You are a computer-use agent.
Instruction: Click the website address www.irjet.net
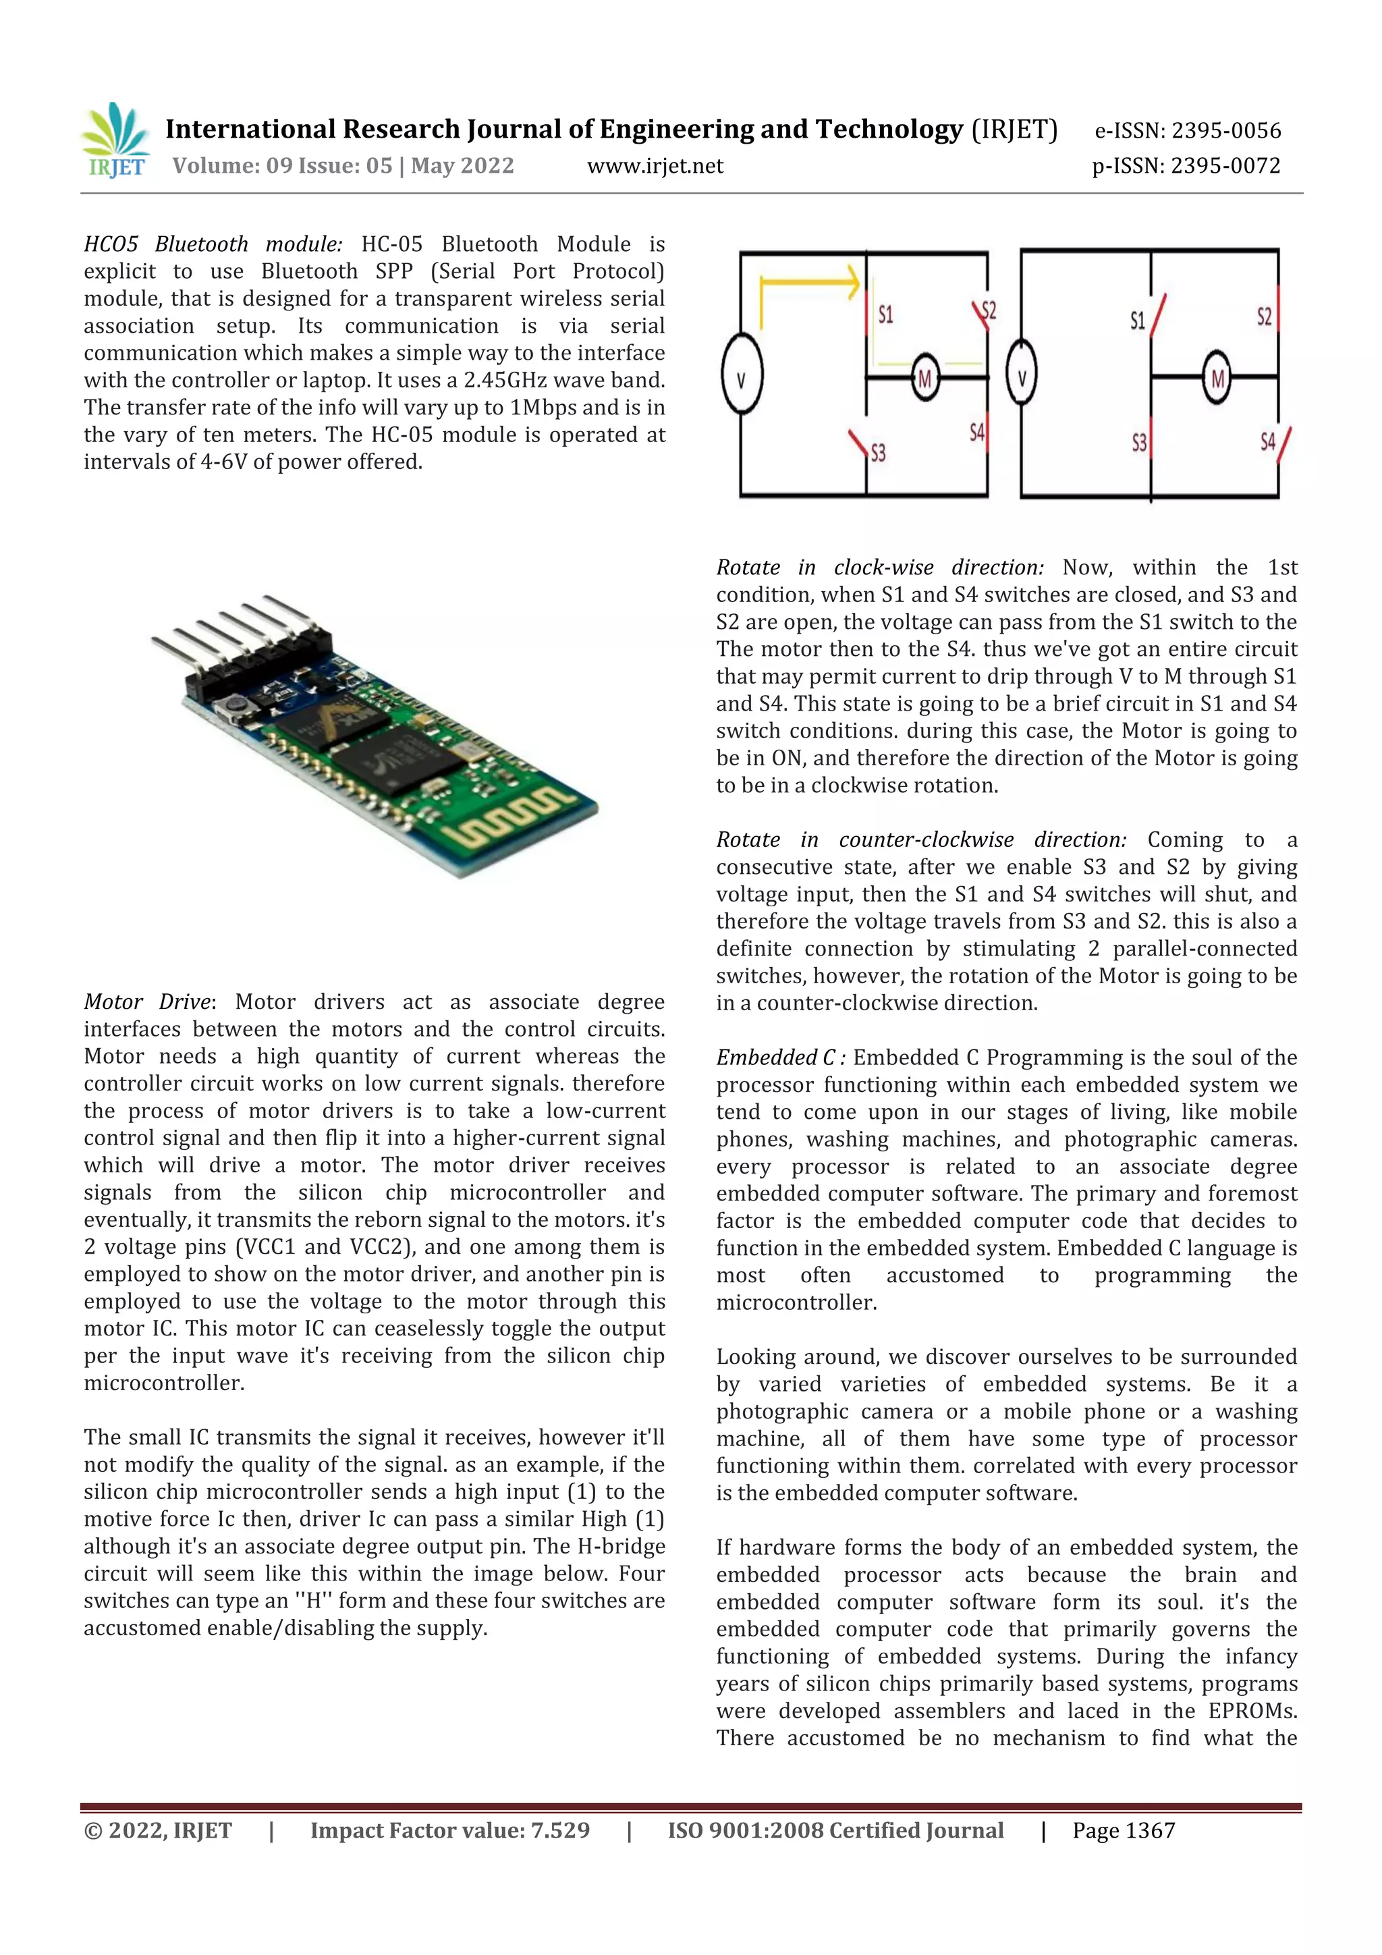coord(655,166)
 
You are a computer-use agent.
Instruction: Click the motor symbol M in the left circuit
coord(924,377)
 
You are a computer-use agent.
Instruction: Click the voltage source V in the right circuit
coord(1022,377)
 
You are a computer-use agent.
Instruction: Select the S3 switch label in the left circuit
coord(878,452)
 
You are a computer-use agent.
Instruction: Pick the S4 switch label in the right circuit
coord(1268,441)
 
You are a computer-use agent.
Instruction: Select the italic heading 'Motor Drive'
coord(146,1001)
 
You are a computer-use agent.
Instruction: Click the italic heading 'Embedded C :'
coord(780,1057)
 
